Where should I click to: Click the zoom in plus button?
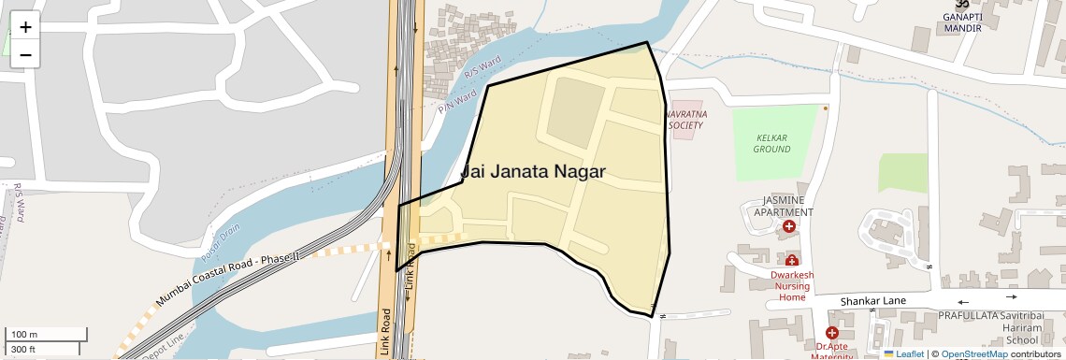click(25, 26)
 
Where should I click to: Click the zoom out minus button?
click(25, 54)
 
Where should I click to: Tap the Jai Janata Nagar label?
click(533, 171)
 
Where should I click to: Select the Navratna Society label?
click(685, 119)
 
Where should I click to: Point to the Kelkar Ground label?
click(771, 143)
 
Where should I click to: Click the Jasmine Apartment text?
click(787, 206)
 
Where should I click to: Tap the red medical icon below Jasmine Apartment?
click(789, 226)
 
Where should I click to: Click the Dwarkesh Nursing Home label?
click(791, 285)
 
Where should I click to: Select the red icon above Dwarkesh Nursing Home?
click(792, 260)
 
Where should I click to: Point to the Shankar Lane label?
click(873, 301)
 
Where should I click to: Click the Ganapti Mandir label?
click(962, 22)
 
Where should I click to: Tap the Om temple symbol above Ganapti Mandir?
click(962, 5)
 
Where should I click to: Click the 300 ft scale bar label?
click(22, 350)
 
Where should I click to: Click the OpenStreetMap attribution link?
click(973, 353)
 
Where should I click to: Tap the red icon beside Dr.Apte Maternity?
click(831, 333)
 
